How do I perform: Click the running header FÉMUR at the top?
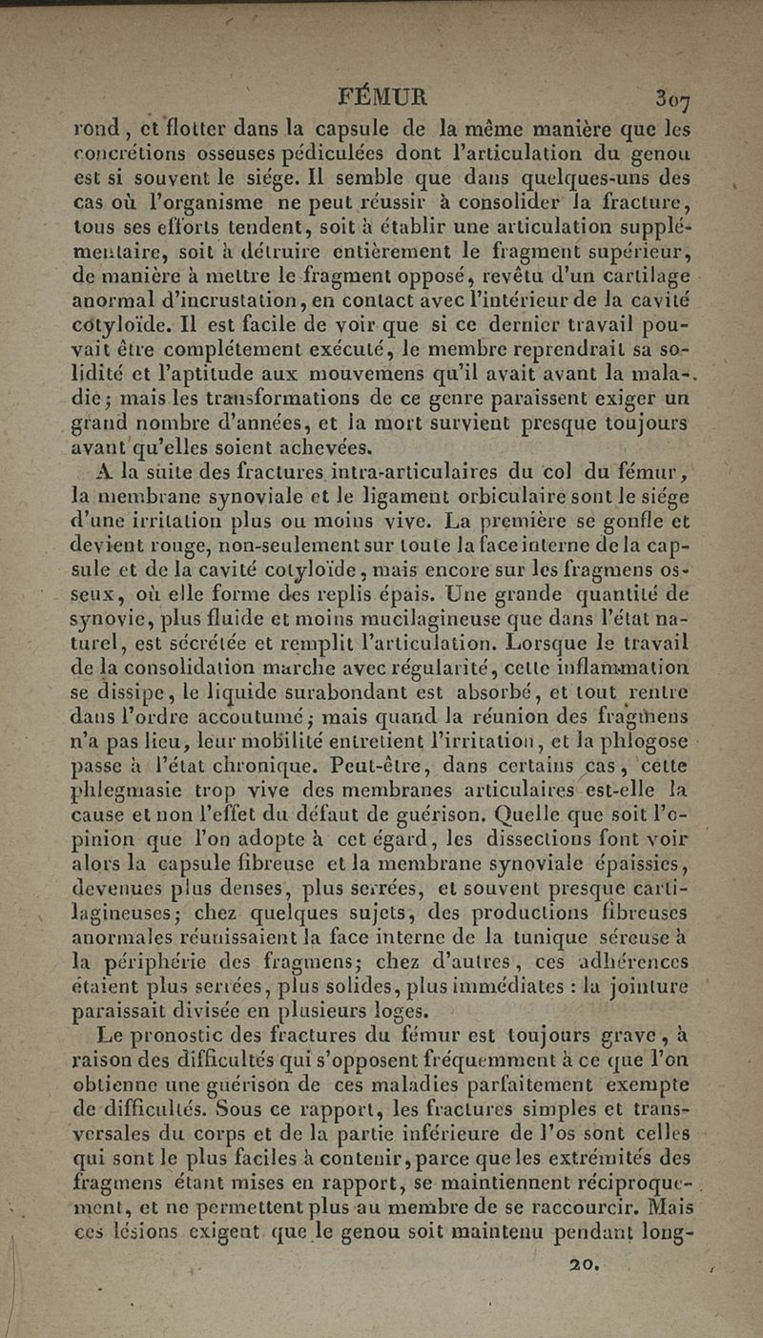[383, 97]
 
